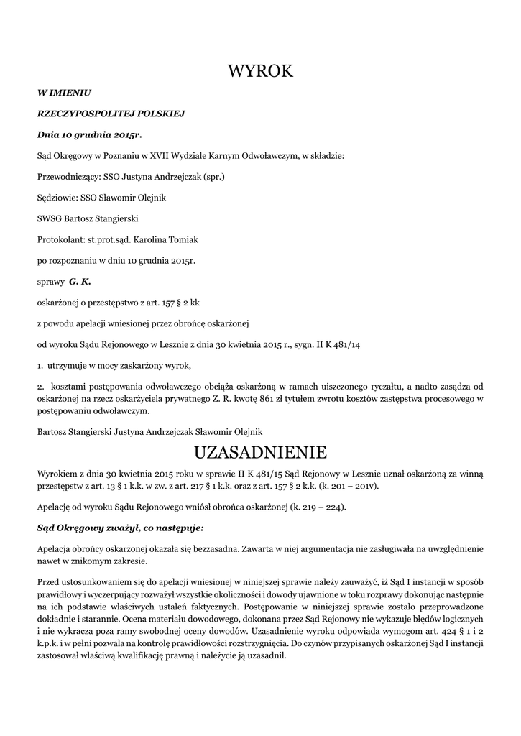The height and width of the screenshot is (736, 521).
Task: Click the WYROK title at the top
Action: click(260, 71)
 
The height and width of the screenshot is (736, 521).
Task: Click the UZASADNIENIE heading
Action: click(260, 452)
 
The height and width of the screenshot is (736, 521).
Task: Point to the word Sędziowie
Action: click(57, 198)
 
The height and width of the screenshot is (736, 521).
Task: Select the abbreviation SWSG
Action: click(50, 218)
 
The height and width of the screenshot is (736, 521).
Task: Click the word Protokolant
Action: click(60, 239)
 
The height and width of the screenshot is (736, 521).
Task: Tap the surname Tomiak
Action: click(184, 239)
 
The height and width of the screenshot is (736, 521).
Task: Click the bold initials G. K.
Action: click(80, 281)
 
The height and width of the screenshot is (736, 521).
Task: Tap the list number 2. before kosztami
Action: click(40, 387)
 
